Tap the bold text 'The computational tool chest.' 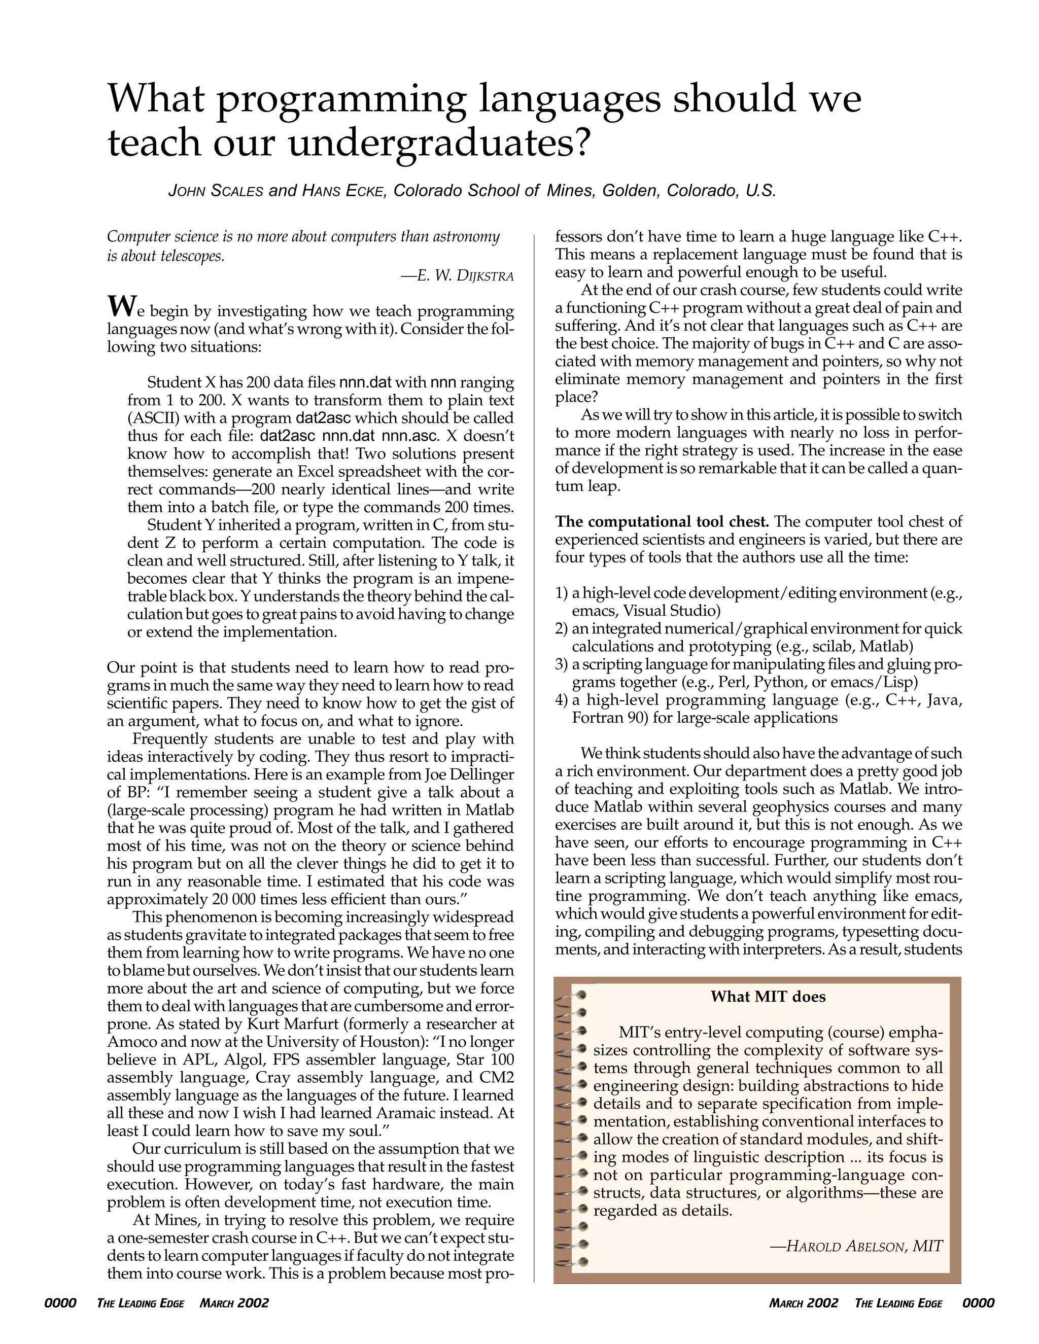(x=662, y=522)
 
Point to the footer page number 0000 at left (x=60, y=1303)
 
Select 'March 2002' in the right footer (x=803, y=1303)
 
